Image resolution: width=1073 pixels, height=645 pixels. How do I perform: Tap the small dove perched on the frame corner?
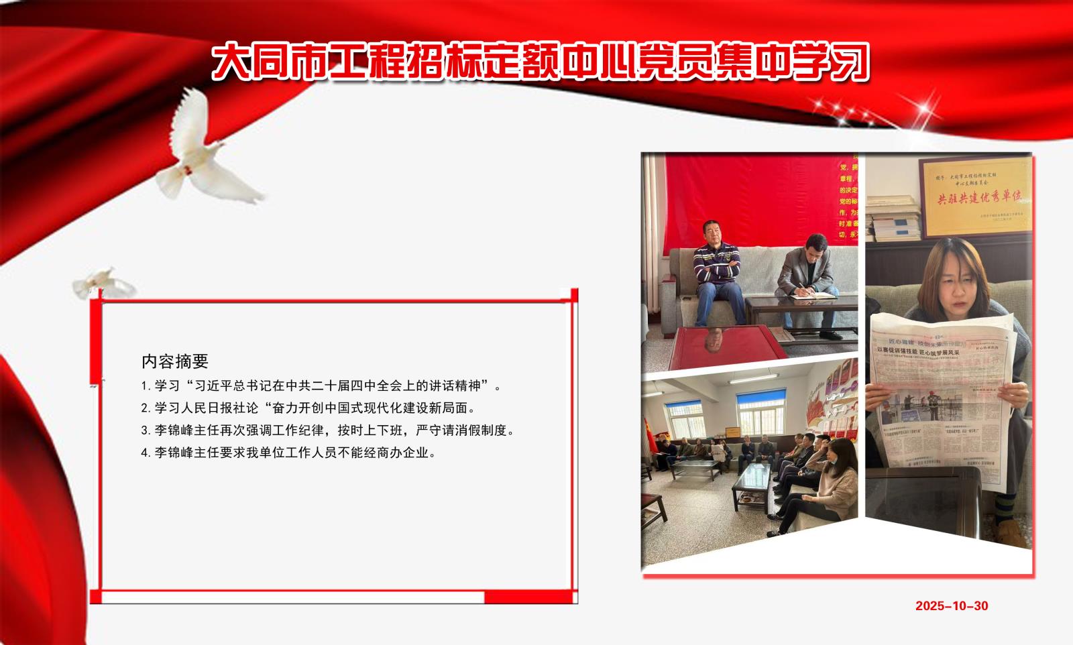(x=104, y=283)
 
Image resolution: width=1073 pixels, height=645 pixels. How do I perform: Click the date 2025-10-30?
(x=952, y=606)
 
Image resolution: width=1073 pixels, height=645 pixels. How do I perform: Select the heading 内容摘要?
(x=175, y=361)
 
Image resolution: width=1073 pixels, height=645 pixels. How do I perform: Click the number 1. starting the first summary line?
(x=146, y=386)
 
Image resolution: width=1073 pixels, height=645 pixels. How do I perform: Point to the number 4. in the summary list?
(x=146, y=453)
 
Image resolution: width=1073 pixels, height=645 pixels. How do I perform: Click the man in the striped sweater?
(x=716, y=268)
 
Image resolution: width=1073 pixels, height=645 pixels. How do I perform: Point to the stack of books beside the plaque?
(x=892, y=218)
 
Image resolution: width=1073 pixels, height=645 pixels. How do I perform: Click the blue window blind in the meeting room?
(x=760, y=400)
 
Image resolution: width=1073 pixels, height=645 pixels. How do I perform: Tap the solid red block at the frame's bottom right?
(x=530, y=597)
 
